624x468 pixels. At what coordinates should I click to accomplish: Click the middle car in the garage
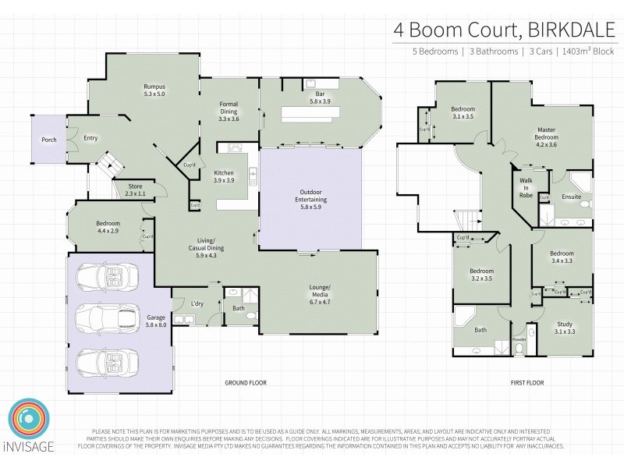point(108,318)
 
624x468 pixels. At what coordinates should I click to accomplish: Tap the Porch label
point(49,140)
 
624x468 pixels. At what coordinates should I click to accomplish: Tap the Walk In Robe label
point(526,188)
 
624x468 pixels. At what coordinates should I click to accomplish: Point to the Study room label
point(564,328)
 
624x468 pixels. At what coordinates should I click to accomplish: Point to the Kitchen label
point(224,176)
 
